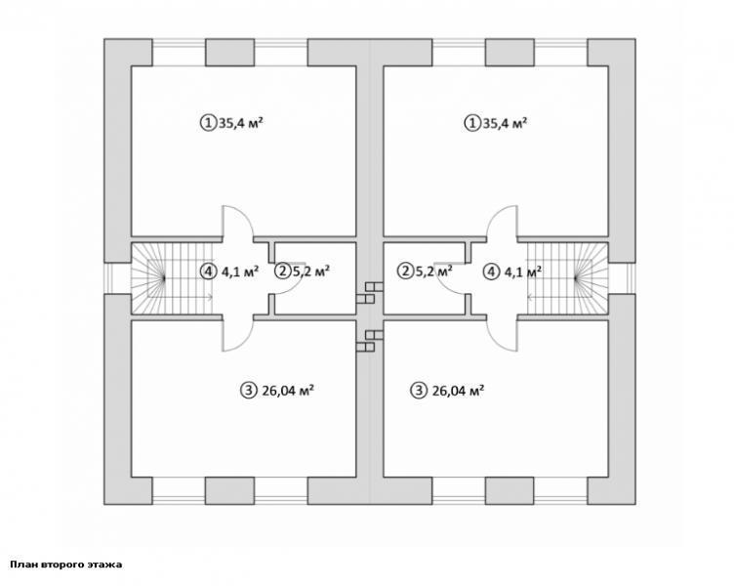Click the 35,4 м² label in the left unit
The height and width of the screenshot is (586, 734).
[241, 123]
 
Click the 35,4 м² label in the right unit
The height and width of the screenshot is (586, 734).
[505, 123]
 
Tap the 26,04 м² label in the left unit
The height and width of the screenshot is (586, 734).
[287, 391]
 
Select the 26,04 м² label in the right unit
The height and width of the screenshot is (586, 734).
[458, 391]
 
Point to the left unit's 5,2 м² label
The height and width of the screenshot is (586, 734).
[310, 271]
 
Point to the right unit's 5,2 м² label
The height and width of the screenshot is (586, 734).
[434, 271]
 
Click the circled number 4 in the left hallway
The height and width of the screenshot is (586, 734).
[207, 271]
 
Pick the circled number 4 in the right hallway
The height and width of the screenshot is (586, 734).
[491, 272]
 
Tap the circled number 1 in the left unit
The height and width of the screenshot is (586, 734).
[208, 123]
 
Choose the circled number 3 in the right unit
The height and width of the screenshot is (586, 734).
[419, 391]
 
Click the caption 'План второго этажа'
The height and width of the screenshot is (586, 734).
[66, 564]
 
